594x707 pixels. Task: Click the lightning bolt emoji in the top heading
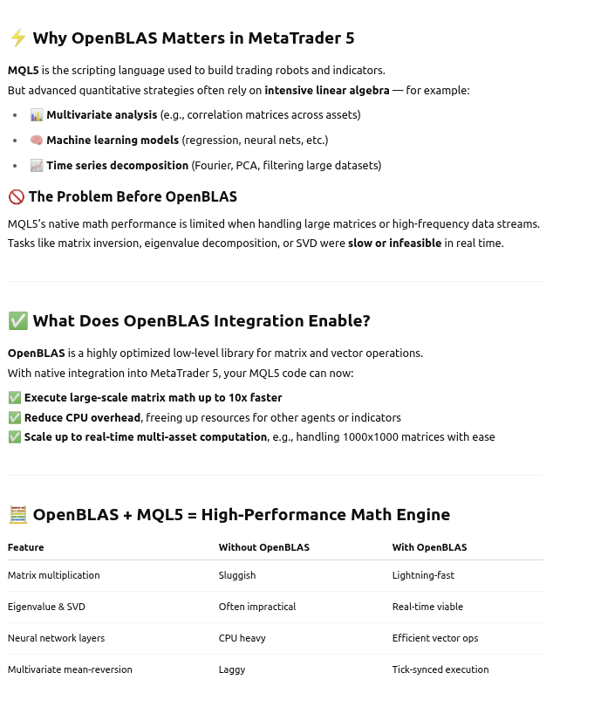pyautogui.click(x=17, y=38)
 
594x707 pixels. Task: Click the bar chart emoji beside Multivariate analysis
pyautogui.click(x=37, y=115)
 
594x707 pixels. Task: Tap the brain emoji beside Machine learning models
pyautogui.click(x=37, y=141)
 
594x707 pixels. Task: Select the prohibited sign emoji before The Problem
pyautogui.click(x=16, y=197)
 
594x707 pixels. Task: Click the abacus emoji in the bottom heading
pyautogui.click(x=17, y=515)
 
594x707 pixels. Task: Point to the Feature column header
pyautogui.click(x=25, y=547)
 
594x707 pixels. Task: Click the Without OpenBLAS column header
pyautogui.click(x=263, y=547)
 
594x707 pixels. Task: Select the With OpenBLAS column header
pyautogui.click(x=429, y=547)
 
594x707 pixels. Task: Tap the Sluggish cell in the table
pyautogui.click(x=237, y=575)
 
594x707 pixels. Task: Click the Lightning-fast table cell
pyautogui.click(x=423, y=575)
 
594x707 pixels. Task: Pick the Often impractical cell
pyautogui.click(x=257, y=607)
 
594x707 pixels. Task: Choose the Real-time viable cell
pyautogui.click(x=427, y=607)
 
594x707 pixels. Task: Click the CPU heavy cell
pyautogui.click(x=242, y=638)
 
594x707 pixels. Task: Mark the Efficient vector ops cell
pyautogui.click(x=435, y=638)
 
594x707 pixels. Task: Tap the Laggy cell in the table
pyautogui.click(x=232, y=669)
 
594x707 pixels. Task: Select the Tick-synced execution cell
pyautogui.click(x=440, y=669)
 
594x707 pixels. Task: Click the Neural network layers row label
pyautogui.click(x=56, y=638)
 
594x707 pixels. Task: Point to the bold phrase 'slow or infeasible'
pyautogui.click(x=394, y=244)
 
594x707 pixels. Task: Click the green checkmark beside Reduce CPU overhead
pyautogui.click(x=15, y=418)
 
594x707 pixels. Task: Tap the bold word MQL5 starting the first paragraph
pyautogui.click(x=23, y=71)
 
